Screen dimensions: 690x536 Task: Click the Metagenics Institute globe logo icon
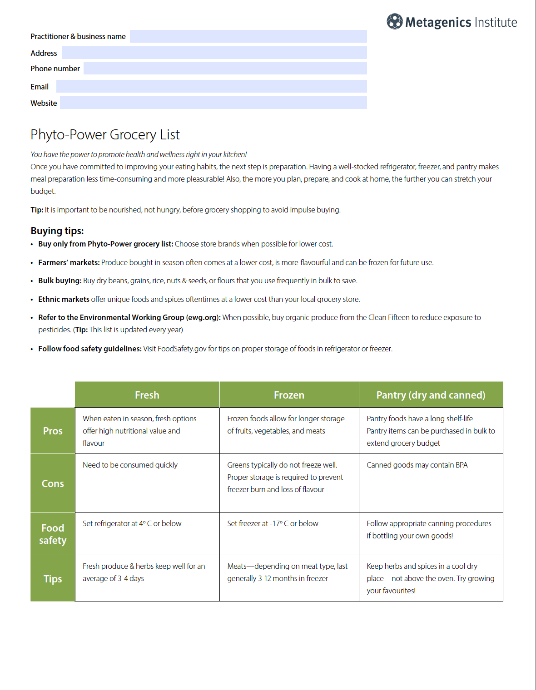coord(394,21)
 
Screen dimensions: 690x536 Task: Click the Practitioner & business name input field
coord(248,36)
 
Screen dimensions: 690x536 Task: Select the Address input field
coord(214,53)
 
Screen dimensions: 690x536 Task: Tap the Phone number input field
coord(225,69)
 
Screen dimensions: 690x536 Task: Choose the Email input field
coord(211,86)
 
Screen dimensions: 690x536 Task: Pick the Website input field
coord(213,103)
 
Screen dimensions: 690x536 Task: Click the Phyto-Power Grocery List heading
coord(105,135)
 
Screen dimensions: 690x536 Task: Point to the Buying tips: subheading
coord(57,231)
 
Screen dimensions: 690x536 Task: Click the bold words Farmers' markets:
coord(69,262)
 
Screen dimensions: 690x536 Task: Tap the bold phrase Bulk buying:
coord(60,281)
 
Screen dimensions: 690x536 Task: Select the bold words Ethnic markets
coord(64,299)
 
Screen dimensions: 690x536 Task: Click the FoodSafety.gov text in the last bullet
coord(182,349)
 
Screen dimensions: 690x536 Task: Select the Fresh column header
coord(147,395)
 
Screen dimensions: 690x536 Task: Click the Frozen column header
coord(289,395)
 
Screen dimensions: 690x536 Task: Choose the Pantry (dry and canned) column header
coord(431,395)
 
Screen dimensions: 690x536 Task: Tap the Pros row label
coord(53,431)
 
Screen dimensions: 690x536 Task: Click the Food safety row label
coord(53,534)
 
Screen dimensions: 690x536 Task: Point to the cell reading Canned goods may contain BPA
coord(417,465)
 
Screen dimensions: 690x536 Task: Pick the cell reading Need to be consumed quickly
coord(130,465)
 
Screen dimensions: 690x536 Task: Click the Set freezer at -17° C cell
coord(273,523)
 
